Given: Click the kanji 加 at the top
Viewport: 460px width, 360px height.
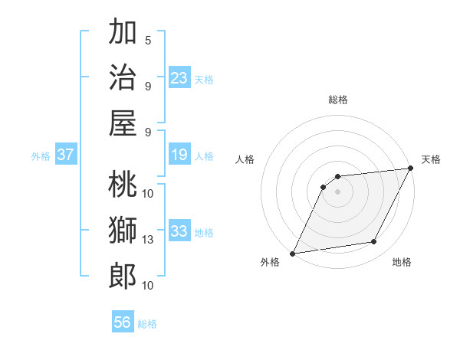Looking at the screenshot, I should tap(123, 34).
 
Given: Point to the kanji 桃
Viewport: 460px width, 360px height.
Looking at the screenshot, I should tap(123, 185).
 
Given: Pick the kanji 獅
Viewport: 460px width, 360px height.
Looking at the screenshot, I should tap(123, 230).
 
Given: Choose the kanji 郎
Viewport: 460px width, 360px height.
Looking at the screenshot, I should tap(123, 274).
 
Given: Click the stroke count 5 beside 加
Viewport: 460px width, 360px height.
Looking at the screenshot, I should tap(148, 40).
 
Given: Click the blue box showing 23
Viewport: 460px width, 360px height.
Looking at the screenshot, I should tap(179, 77).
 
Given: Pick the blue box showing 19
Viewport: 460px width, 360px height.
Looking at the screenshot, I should tap(179, 155).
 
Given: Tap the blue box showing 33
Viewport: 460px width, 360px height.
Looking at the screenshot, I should tap(179, 231).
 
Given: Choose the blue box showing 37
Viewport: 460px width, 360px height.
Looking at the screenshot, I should tap(66, 155).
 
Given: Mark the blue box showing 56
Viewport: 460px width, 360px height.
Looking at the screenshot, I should tap(123, 322).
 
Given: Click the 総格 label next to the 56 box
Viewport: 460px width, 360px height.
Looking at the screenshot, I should tap(147, 324).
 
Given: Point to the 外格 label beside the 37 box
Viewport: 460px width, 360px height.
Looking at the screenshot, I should tap(41, 156).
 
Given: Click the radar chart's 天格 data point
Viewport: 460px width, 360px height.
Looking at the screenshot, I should tap(411, 169).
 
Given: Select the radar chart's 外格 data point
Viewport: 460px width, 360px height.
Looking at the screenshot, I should tap(292, 253).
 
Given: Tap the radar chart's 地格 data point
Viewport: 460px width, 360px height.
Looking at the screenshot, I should tap(374, 242).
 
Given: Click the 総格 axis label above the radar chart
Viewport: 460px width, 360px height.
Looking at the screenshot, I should tap(337, 100).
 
